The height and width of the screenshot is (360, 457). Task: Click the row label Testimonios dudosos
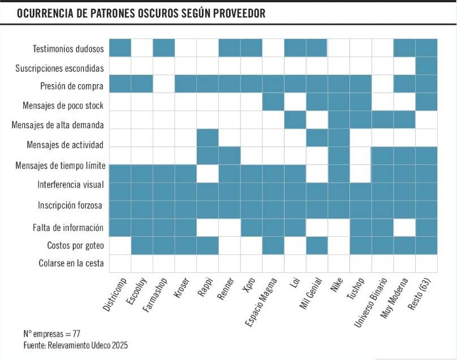coord(68,49)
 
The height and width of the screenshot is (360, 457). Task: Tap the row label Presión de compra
coord(71,86)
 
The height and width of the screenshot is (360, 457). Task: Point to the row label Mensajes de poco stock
coord(63,106)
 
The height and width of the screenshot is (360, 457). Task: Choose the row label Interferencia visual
coord(70,185)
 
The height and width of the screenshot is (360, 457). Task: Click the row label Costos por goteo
coord(75,246)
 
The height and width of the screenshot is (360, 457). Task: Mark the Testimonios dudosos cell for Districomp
coord(120,47)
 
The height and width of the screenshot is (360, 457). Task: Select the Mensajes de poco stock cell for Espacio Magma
coord(273,102)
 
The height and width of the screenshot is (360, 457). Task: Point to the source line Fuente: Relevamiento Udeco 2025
coord(76,345)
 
